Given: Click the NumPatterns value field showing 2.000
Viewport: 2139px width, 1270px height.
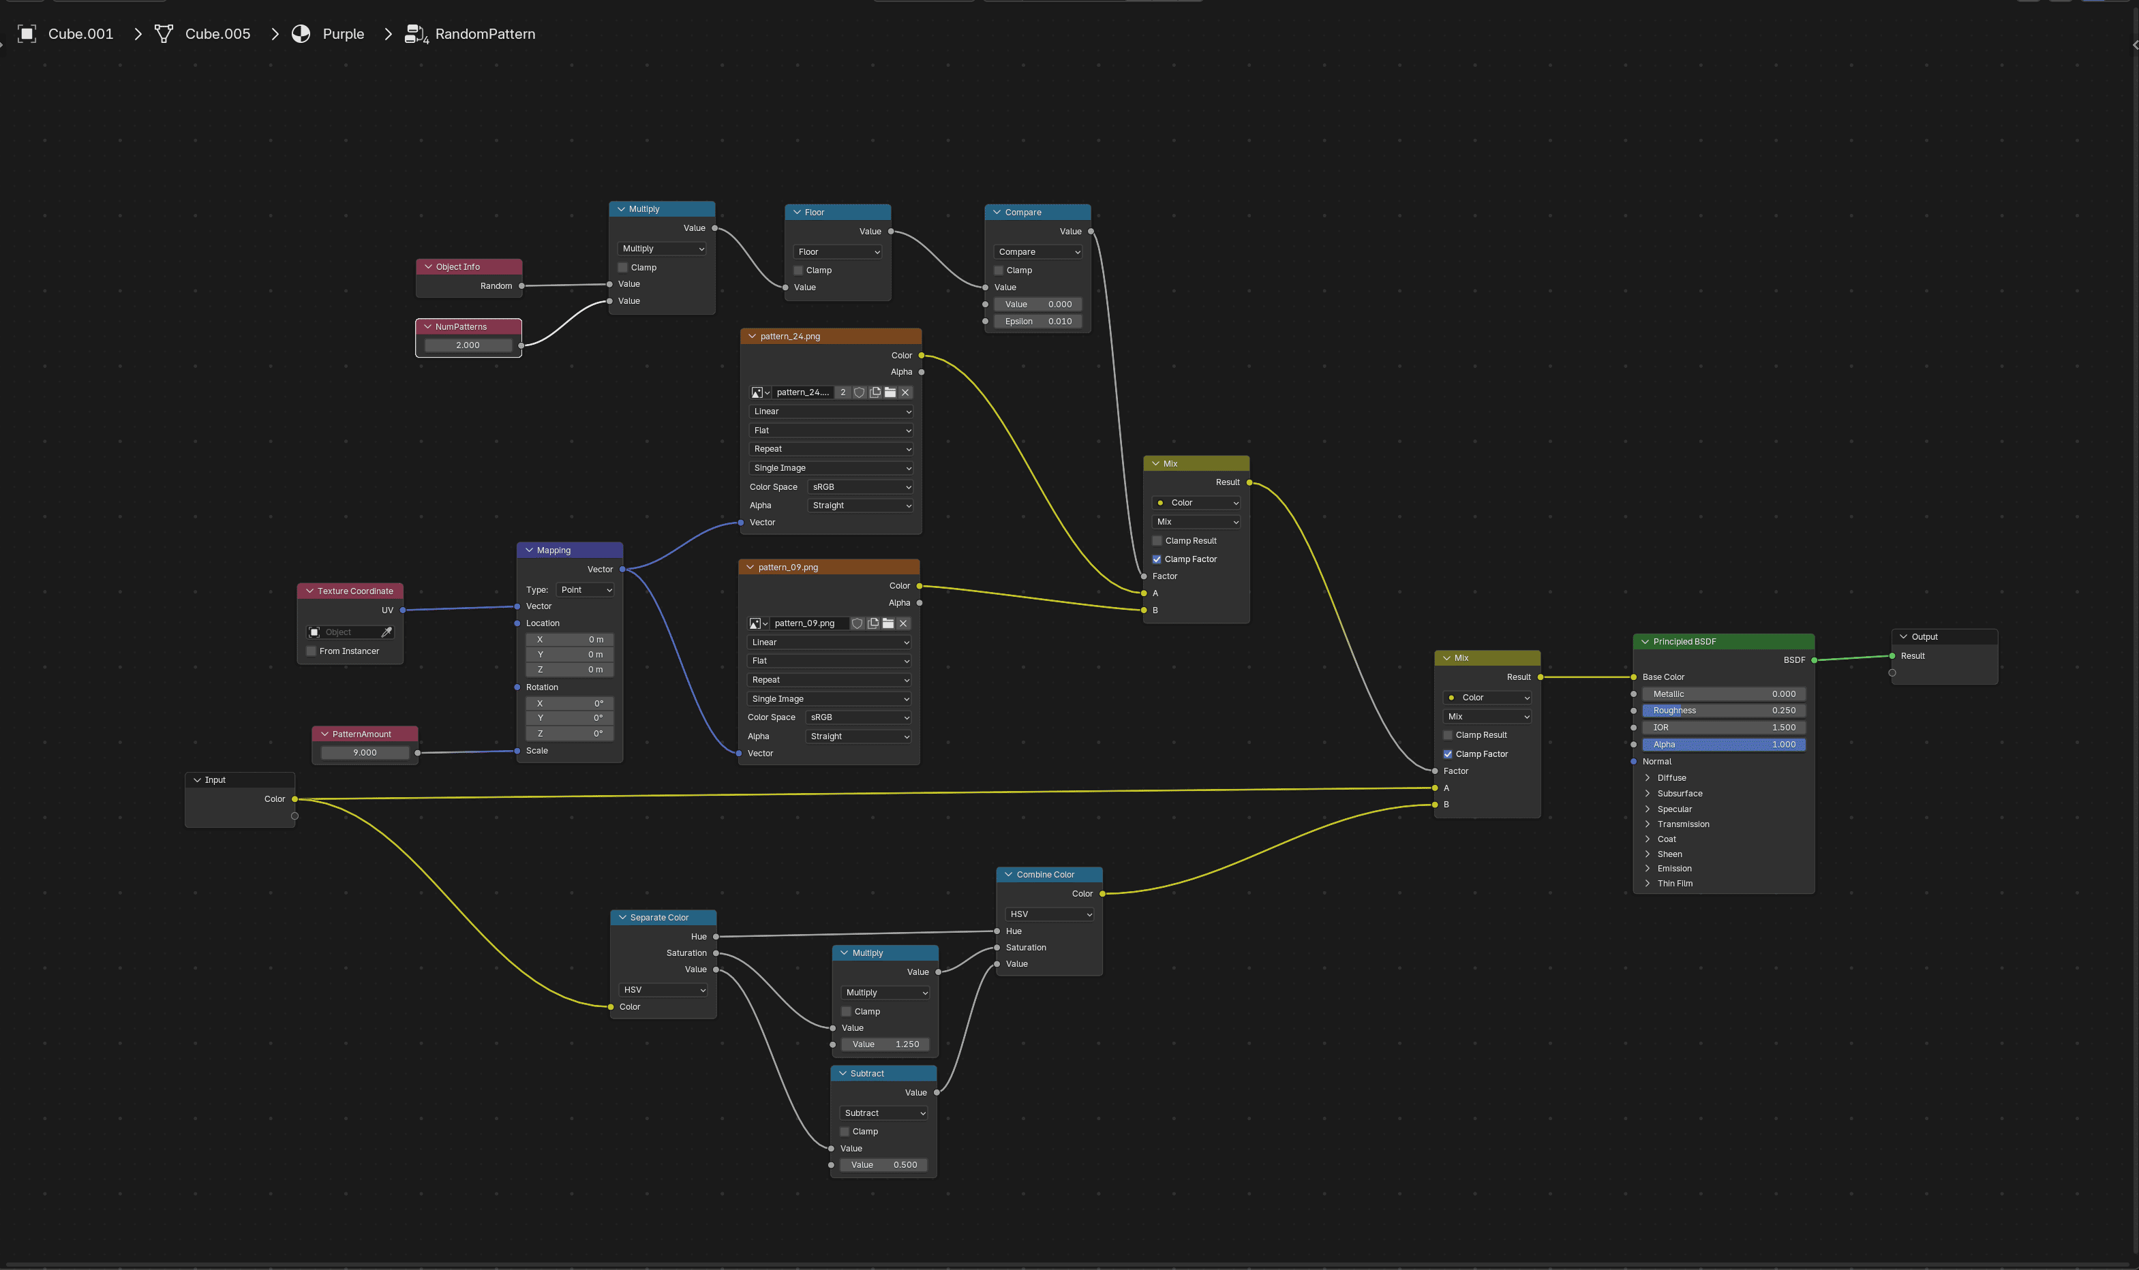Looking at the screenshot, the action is [468, 345].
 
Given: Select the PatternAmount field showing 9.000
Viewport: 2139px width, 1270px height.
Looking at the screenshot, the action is [365, 752].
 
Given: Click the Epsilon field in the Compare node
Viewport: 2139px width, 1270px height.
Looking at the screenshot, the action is [1037, 321].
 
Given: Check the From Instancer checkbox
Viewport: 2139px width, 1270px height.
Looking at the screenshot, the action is [312, 651].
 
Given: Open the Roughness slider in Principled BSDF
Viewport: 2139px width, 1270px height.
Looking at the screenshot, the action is [1724, 711].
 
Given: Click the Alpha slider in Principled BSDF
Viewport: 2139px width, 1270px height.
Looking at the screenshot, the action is [1724, 745].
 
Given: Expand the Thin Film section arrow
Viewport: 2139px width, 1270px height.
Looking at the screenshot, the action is [1648, 883].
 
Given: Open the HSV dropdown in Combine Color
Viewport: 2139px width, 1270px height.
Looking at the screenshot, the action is [1049, 914].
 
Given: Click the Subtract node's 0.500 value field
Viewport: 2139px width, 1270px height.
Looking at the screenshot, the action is [883, 1165].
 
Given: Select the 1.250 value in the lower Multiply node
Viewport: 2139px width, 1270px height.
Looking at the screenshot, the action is [885, 1044].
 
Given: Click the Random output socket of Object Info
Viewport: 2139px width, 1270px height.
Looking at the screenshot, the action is [521, 286].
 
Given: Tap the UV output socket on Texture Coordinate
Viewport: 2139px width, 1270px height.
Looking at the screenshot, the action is [402, 610].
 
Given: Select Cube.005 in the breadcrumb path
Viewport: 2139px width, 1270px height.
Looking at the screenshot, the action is [217, 34].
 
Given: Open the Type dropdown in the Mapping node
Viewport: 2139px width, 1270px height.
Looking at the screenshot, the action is [586, 589].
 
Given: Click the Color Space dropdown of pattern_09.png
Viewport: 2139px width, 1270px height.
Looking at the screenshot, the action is [858, 717].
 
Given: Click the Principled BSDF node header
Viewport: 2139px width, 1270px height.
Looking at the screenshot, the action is [1723, 642].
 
